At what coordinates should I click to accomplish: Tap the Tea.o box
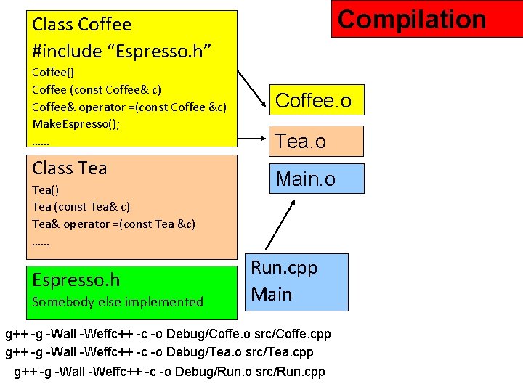[316, 141]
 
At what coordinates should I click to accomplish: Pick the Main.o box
[316, 179]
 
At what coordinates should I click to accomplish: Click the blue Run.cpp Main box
[296, 282]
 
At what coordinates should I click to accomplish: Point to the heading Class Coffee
[82, 25]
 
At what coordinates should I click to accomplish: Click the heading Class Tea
[70, 168]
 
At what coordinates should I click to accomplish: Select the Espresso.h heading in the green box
[76, 280]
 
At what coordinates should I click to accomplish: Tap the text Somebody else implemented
[118, 301]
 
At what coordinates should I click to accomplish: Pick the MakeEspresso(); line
[76, 124]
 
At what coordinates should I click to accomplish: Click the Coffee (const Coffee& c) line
[97, 89]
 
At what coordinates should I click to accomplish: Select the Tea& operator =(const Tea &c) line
[114, 224]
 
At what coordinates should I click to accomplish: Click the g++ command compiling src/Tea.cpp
[160, 353]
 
